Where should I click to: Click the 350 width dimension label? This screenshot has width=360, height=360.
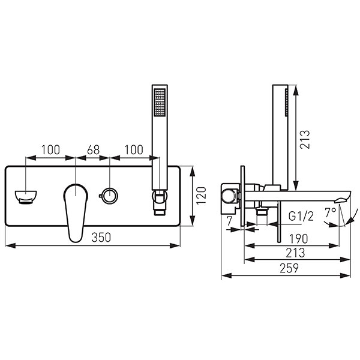click(x=101, y=238)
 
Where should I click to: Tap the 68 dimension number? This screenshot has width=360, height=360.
click(x=93, y=150)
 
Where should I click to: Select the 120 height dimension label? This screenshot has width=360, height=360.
click(x=202, y=196)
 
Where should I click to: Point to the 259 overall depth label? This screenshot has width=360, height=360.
click(x=289, y=268)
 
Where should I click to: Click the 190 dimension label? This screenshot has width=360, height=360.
click(x=298, y=239)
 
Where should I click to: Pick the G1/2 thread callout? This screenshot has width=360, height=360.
click(x=301, y=216)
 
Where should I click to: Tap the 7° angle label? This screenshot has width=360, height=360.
click(x=331, y=212)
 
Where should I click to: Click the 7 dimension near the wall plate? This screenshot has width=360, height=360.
click(x=230, y=221)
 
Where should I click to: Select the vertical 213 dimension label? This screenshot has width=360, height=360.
click(x=305, y=139)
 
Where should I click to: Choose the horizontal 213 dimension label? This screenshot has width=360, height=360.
click(x=295, y=253)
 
